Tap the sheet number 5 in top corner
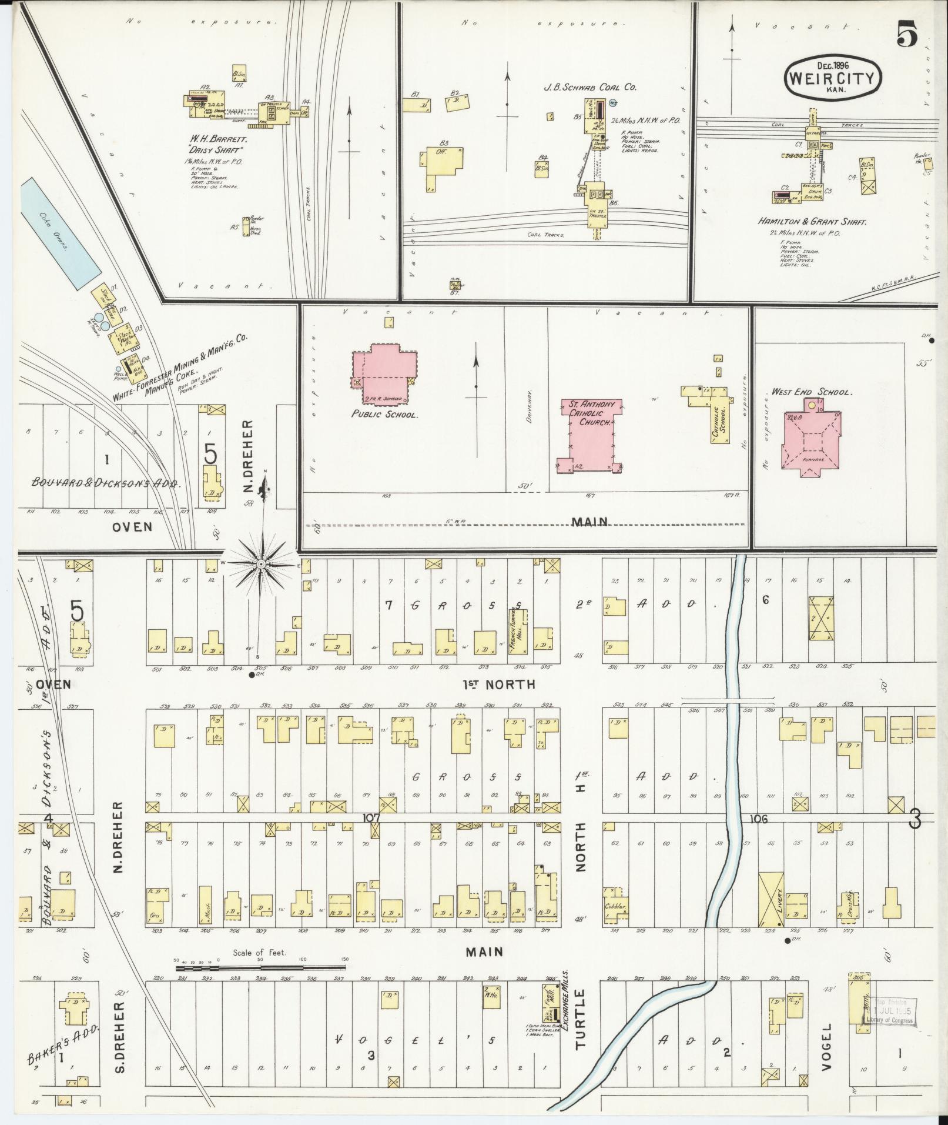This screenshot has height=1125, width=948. [x=907, y=36]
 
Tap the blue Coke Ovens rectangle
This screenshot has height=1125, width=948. [x=59, y=234]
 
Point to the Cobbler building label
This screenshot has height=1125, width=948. [x=615, y=923]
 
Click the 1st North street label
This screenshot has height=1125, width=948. [x=498, y=685]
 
